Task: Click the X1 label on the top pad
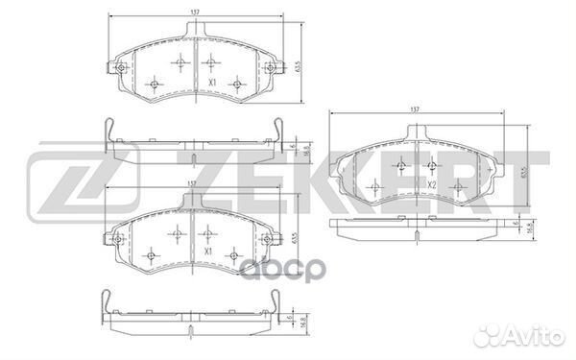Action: [209, 84]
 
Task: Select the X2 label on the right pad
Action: [433, 183]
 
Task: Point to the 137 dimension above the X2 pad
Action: [415, 109]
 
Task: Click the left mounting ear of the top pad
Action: [119, 69]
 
